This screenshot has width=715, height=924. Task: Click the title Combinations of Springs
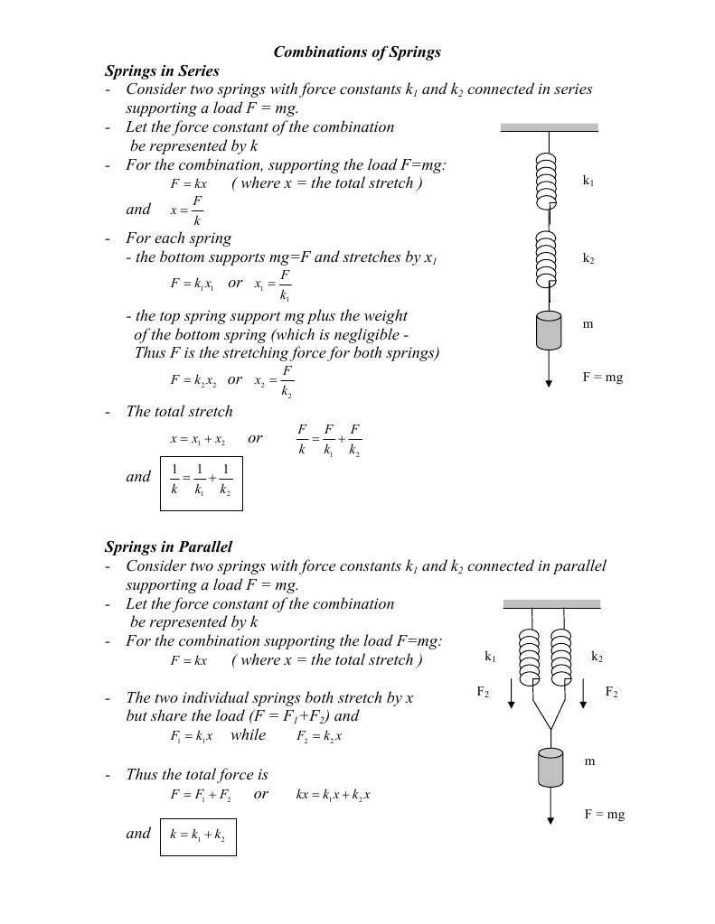(357, 52)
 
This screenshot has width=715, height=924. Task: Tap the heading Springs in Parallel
(168, 546)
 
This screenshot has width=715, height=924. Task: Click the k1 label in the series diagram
(588, 182)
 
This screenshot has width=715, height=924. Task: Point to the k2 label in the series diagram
(588, 258)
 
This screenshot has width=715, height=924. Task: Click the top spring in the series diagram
(549, 179)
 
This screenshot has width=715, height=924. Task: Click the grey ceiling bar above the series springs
(549, 127)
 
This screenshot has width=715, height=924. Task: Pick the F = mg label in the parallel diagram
(604, 815)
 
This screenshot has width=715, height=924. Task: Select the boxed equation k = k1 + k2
(197, 835)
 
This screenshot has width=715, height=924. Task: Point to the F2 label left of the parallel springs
(483, 692)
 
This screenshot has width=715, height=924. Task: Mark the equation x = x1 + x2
(197, 439)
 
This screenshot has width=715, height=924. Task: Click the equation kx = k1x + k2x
(334, 796)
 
